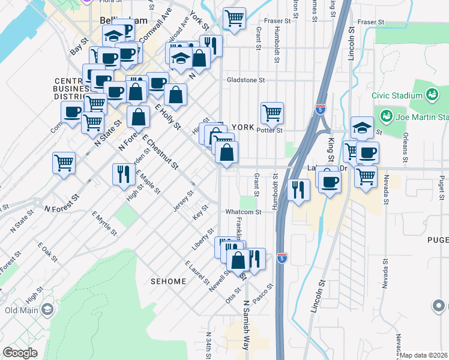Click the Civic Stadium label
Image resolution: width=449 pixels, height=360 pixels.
point(397,95)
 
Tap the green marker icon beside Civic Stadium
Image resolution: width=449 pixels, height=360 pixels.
point(431,94)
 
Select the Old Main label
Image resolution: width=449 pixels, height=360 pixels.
point(21,310)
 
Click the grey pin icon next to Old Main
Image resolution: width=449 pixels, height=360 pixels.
point(47,310)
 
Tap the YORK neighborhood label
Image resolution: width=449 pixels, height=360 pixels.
point(243,127)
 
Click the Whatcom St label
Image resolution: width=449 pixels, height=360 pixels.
point(243,212)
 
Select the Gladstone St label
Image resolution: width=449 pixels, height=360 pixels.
point(246,80)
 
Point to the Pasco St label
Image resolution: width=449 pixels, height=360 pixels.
point(264,293)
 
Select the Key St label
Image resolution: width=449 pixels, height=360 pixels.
point(201,212)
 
